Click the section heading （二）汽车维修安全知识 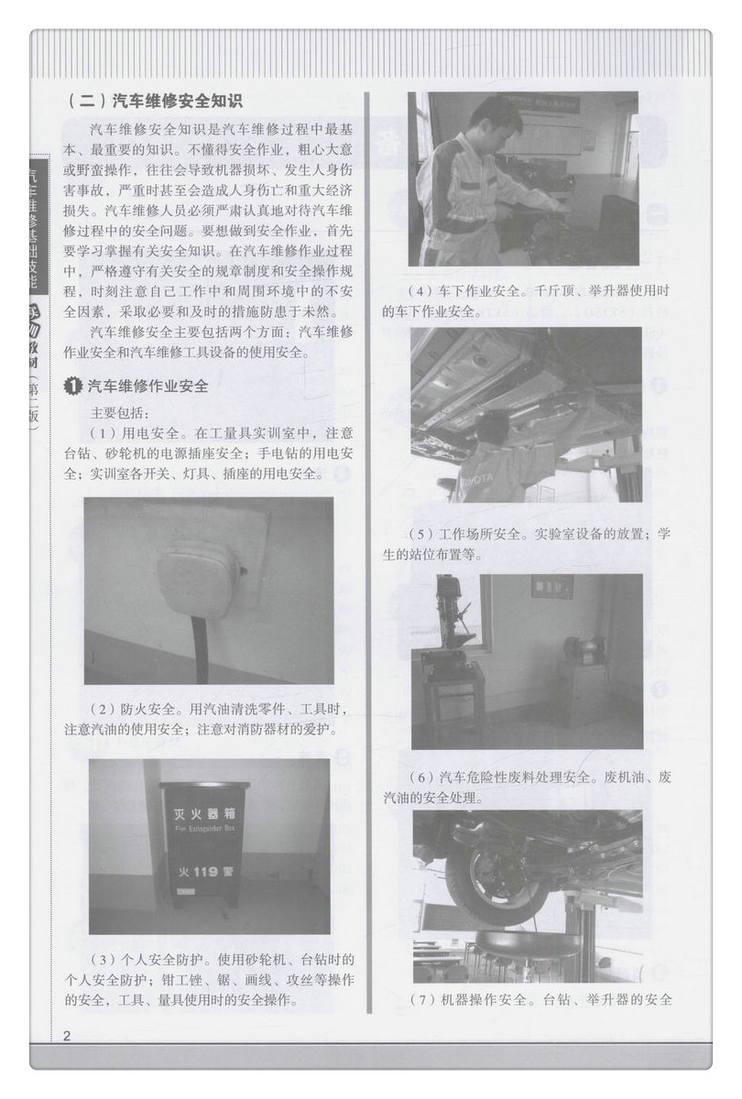click(x=155, y=100)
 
